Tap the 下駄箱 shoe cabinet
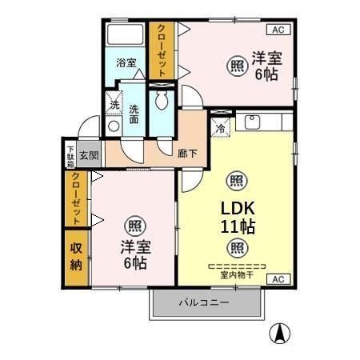pos(70,154)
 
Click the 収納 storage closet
pos(76,259)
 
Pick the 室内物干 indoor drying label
pos(236,274)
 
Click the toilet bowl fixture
pos(162,101)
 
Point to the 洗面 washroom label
pos(134,114)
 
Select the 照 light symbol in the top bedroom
pos(238,66)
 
